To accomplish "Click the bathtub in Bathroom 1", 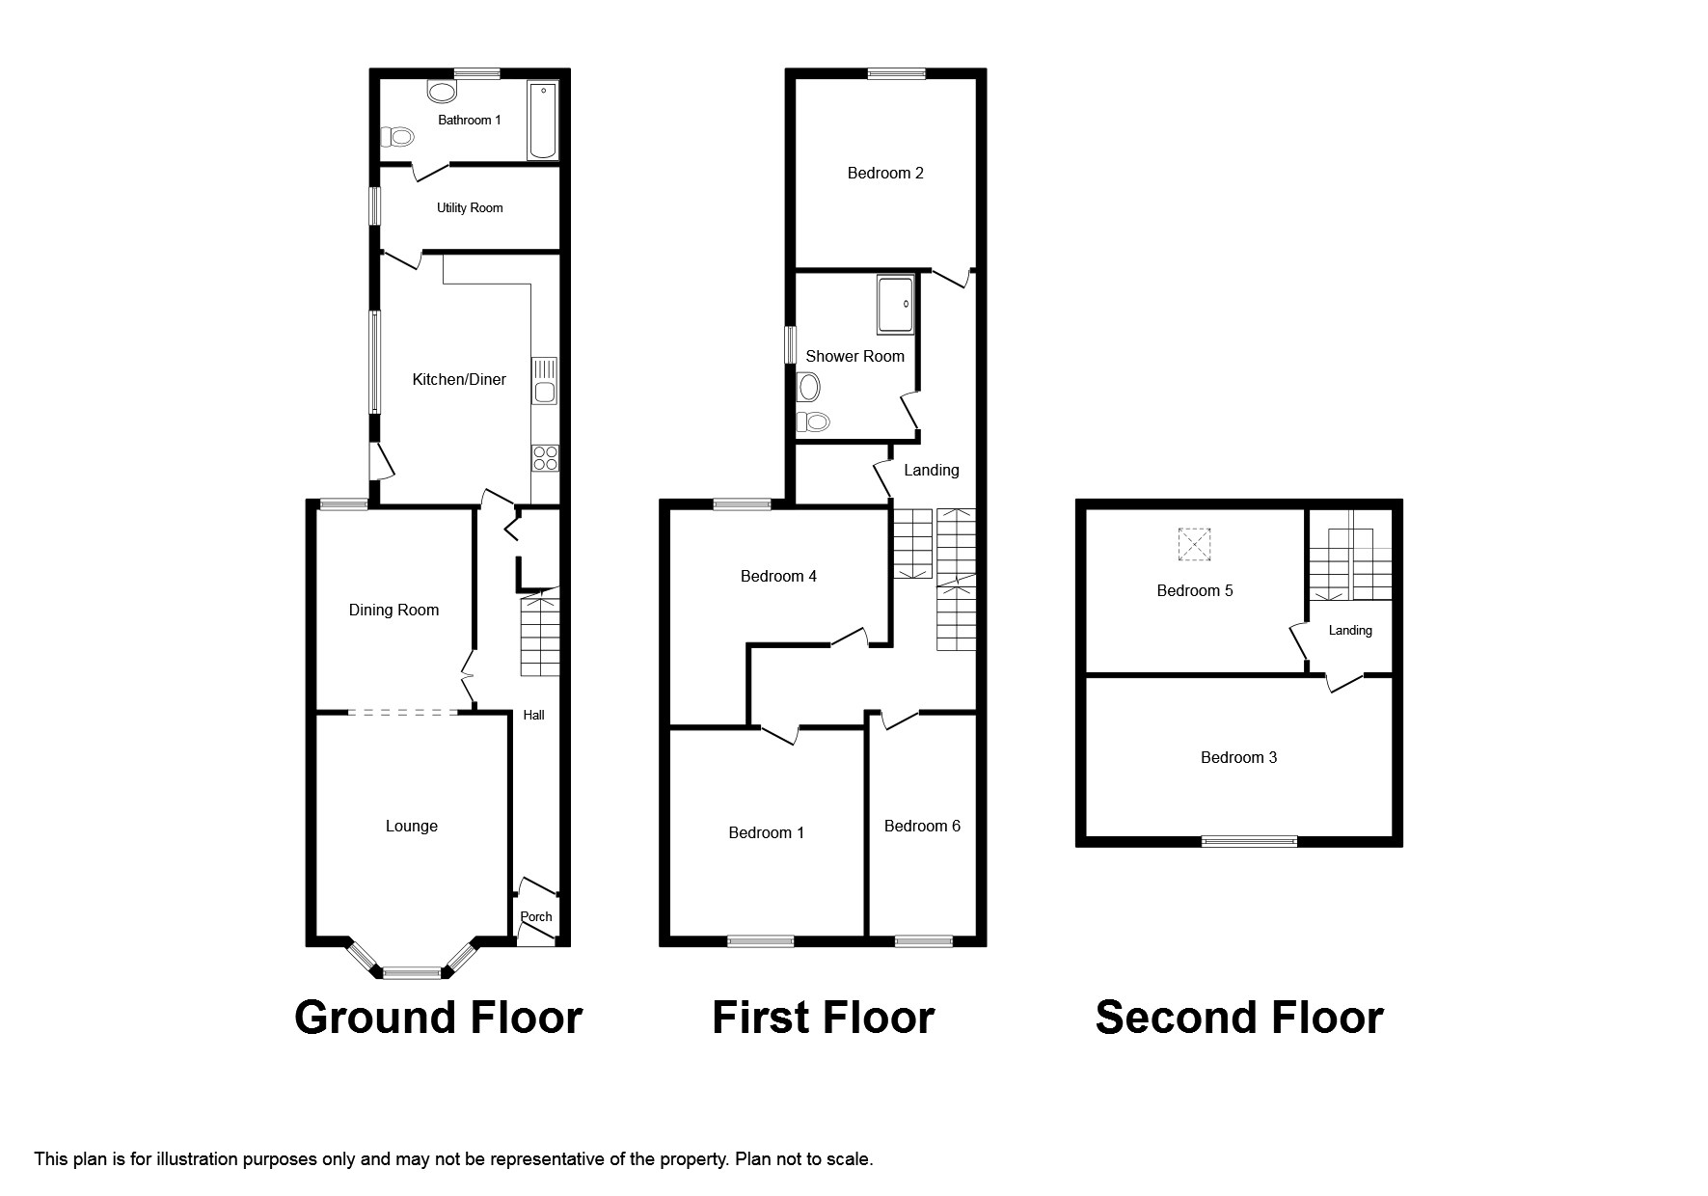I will coord(542,121).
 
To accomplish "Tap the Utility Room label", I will coord(470,207).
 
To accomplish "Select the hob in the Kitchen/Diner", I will coord(545,458).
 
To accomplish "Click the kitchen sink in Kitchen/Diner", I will coord(545,382).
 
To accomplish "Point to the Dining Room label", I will coord(393,610).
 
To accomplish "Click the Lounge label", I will coord(412,826).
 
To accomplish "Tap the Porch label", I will coord(536,916).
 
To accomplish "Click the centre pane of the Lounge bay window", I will coord(412,973).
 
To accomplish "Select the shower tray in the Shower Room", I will coord(895,304).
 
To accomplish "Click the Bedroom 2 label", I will coord(885,173).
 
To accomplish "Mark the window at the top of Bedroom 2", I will coord(896,73).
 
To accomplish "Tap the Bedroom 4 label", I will coord(778,576).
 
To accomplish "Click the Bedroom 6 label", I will coord(922,826).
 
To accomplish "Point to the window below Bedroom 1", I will coord(761,941).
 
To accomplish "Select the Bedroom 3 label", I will coord(1238,757).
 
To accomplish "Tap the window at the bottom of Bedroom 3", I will coord(1249,842).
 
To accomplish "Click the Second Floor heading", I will coord(1239,1018).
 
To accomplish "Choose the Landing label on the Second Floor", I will coord(1350,630).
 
